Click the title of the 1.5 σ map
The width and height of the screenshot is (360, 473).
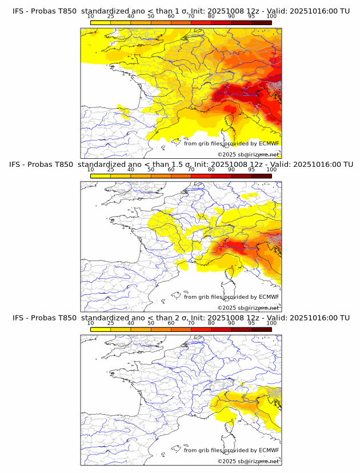click(x=181, y=165)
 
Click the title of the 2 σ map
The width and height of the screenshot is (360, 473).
click(x=181, y=318)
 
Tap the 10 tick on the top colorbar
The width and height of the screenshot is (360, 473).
click(x=91, y=17)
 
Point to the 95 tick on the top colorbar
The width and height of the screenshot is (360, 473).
click(x=251, y=17)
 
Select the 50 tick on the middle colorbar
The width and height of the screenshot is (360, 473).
click(x=151, y=170)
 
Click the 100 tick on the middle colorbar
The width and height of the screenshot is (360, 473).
click(x=271, y=170)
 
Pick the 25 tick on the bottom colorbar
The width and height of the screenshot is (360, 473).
click(x=111, y=323)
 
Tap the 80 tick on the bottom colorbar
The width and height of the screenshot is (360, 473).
click(x=211, y=323)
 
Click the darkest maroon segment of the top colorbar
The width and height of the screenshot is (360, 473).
click(x=261, y=22)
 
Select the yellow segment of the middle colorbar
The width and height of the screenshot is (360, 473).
click(x=101, y=175)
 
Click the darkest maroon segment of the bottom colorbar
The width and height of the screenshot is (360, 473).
click(x=261, y=329)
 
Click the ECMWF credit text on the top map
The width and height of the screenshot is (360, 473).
click(x=231, y=144)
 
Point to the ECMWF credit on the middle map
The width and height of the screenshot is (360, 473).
click(x=231, y=297)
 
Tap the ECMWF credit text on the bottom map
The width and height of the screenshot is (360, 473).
click(x=231, y=451)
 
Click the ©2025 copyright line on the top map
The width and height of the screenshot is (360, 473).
click(x=248, y=155)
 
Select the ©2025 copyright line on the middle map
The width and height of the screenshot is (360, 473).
click(x=248, y=308)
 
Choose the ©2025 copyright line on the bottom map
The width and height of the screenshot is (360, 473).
click(x=248, y=461)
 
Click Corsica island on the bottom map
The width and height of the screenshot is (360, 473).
click(x=230, y=428)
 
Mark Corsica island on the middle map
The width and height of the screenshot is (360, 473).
click(x=230, y=275)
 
